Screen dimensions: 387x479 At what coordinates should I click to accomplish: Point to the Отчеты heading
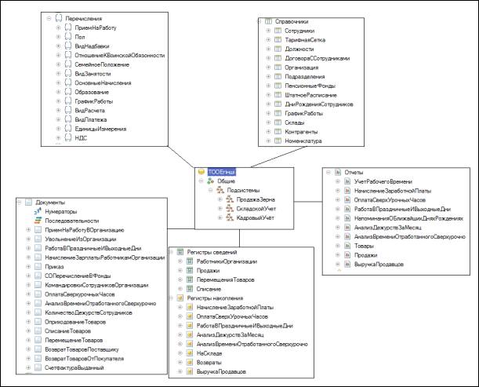click(356, 170)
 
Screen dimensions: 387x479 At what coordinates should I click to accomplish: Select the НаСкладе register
click(211, 354)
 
